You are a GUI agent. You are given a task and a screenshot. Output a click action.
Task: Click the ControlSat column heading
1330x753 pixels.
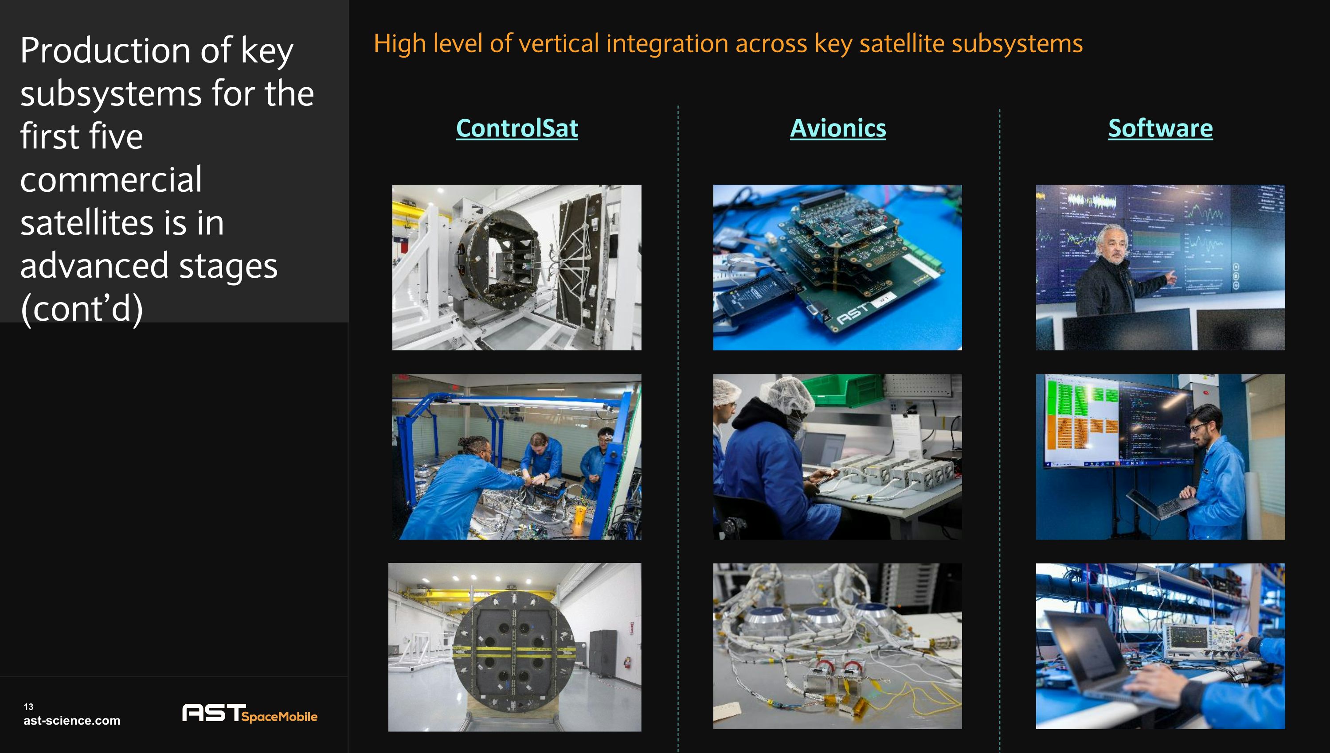coord(516,128)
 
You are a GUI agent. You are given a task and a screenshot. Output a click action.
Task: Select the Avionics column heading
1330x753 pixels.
coord(837,128)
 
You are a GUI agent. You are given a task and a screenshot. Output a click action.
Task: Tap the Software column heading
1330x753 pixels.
coord(1160,128)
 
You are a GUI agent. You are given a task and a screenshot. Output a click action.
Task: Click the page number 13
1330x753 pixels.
coord(28,706)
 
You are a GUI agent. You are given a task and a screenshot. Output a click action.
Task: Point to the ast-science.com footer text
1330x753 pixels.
coord(71,720)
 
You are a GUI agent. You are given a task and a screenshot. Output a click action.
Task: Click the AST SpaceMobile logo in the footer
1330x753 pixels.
coord(250,713)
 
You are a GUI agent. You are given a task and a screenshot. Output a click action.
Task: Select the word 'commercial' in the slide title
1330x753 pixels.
coord(111,179)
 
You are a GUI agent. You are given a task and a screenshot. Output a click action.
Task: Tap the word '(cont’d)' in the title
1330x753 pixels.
coord(81,309)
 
